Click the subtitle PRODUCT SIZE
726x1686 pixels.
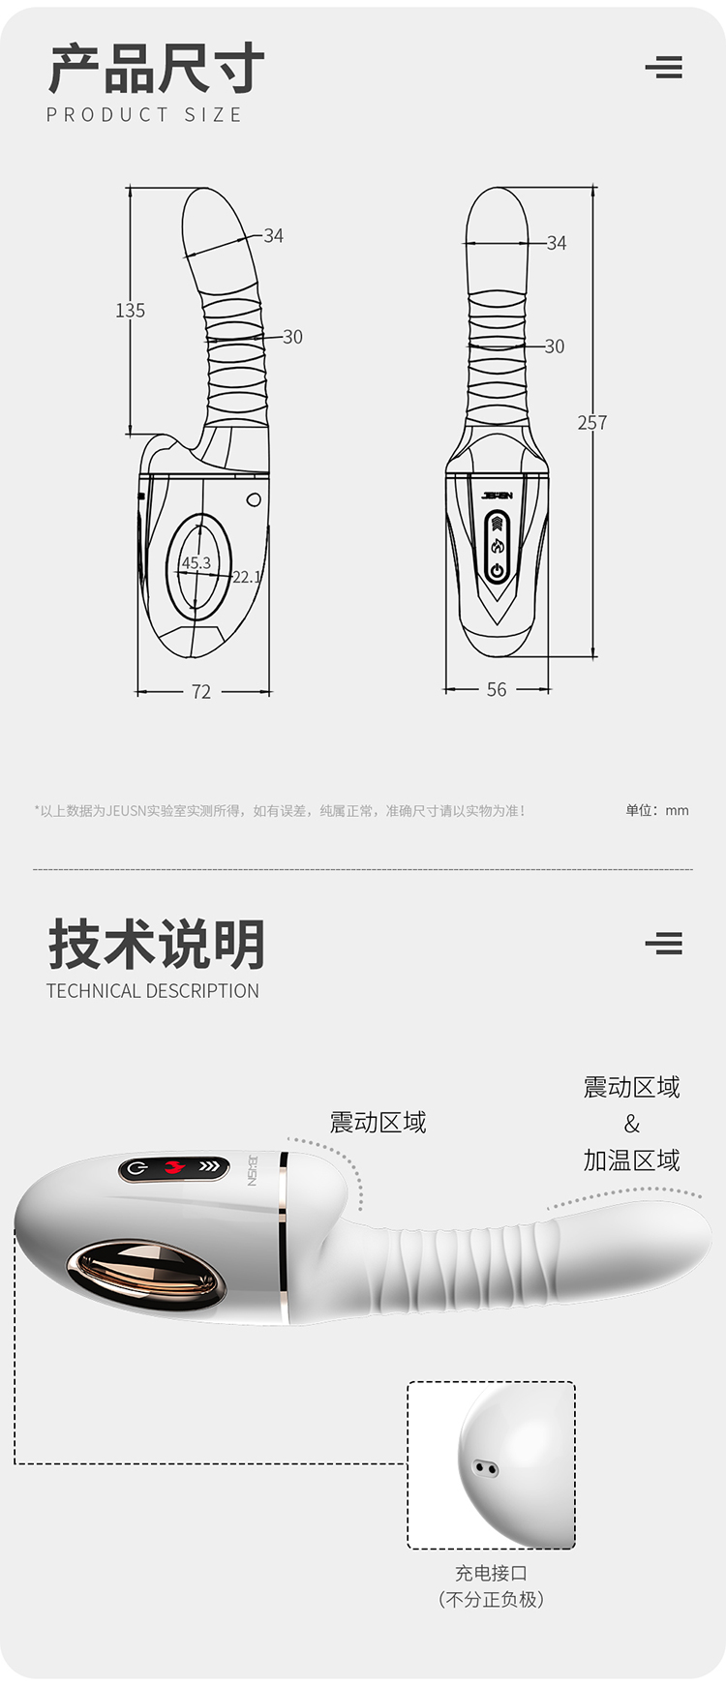144,114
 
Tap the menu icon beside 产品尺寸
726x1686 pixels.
664,67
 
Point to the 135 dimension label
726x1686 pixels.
130,311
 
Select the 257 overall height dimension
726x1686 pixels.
592,422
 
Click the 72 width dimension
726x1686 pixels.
200,691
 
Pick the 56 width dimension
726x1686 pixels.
497,689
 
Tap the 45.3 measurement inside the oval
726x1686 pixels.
196,562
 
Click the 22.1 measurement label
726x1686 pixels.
247,577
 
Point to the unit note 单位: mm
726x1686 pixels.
657,810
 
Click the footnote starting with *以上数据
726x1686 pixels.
280,811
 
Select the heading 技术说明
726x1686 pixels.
156,944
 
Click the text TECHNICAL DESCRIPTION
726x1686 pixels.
153,990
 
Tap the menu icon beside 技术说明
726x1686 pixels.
664,943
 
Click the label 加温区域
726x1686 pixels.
631,1159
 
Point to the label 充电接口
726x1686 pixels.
491,1573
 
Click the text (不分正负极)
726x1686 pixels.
491,1599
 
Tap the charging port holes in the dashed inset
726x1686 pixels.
486,1468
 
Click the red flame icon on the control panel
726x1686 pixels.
175,1167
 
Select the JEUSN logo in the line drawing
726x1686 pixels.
497,496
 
